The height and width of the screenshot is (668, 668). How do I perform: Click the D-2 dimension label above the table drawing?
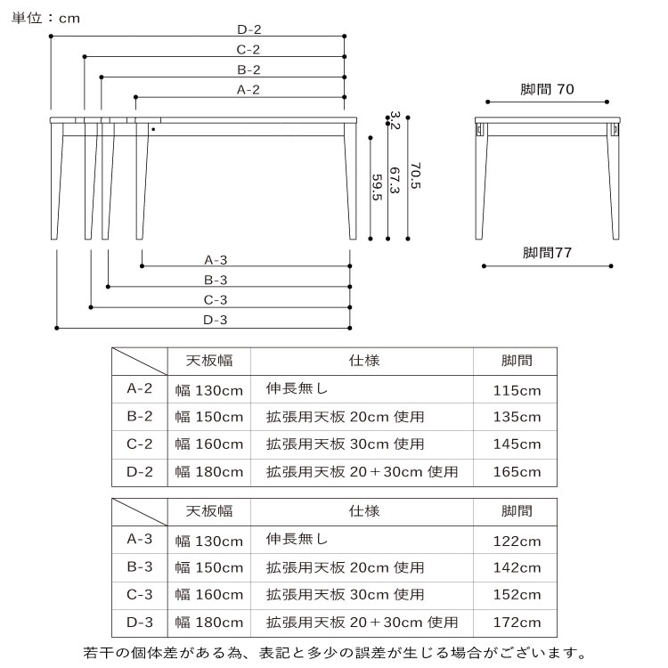coord(249,29)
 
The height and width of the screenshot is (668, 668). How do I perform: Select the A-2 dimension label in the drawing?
coord(248,89)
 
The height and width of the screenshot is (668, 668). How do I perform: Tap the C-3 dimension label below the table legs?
coord(216,299)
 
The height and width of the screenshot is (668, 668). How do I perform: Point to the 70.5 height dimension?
coord(415,175)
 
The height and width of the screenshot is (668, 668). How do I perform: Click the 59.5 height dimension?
coord(377,187)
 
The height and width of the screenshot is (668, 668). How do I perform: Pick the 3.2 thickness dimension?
coord(395,120)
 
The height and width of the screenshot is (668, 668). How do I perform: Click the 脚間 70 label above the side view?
coord(547,89)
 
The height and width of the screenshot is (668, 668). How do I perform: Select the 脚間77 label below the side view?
coord(547,252)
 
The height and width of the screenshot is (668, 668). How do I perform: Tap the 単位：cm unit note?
coord(45,18)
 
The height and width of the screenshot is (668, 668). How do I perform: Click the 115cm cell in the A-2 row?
coord(517,390)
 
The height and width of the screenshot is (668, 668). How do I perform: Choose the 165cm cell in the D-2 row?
coord(517,471)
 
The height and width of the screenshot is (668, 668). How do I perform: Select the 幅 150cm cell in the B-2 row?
coord(208,416)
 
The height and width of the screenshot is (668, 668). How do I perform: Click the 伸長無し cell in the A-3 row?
coord(297,539)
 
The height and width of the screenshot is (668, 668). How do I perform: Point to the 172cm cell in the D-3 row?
coord(517,622)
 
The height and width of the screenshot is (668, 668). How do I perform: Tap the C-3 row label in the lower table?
coord(139,594)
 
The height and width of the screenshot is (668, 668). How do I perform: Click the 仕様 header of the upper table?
coord(364,361)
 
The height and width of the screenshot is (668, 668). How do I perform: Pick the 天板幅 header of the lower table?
coord(209,511)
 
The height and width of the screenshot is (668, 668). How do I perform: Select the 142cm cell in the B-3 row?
coord(517,567)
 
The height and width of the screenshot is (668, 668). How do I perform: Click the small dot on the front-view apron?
coord(153,129)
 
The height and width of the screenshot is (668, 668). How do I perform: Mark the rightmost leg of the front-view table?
coord(351,181)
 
